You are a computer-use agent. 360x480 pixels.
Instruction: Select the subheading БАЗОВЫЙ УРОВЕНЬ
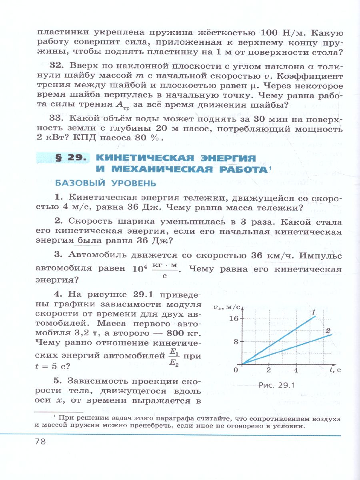click(x=100, y=183)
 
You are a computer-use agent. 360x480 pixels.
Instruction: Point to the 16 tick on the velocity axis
click(x=233, y=318)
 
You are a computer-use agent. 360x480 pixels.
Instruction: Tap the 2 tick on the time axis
click(x=269, y=370)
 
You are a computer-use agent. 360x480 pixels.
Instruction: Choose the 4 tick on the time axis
click(x=296, y=370)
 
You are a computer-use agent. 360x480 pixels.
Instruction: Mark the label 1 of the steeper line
click(x=314, y=312)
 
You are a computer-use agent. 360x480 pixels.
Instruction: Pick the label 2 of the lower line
click(x=328, y=330)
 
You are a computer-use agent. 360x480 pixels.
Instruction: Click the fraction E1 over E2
click(x=174, y=357)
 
